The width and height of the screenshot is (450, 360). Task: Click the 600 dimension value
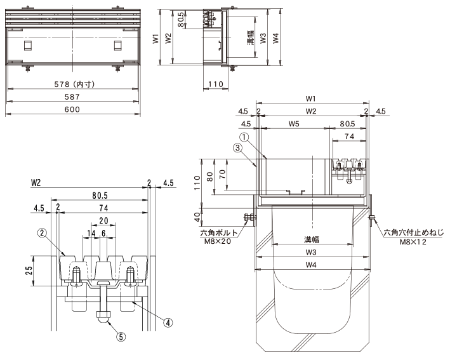(72, 109)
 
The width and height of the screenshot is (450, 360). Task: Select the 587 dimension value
(72, 97)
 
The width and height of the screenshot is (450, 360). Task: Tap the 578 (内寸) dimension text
(74, 84)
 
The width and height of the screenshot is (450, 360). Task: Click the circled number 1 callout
(244, 137)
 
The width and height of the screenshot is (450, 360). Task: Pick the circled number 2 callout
(42, 232)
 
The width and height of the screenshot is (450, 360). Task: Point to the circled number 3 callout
(237, 148)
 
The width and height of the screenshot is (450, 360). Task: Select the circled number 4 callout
(168, 323)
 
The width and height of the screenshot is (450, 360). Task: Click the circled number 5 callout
(121, 337)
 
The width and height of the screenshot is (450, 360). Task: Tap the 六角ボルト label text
(219, 233)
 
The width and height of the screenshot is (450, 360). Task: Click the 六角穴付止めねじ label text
(414, 232)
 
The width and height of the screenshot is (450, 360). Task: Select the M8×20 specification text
(218, 241)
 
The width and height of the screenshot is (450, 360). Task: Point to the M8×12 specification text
(413, 242)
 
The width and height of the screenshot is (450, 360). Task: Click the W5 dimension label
(294, 124)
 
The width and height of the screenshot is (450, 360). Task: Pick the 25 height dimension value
(29, 270)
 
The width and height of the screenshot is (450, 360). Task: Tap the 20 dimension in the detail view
(103, 220)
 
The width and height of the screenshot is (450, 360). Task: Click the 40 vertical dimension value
(197, 217)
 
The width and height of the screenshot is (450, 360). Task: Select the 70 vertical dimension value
(222, 174)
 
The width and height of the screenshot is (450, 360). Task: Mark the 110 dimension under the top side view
(216, 84)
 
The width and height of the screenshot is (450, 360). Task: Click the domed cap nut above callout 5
(102, 317)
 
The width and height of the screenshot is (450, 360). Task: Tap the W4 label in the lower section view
(311, 265)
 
